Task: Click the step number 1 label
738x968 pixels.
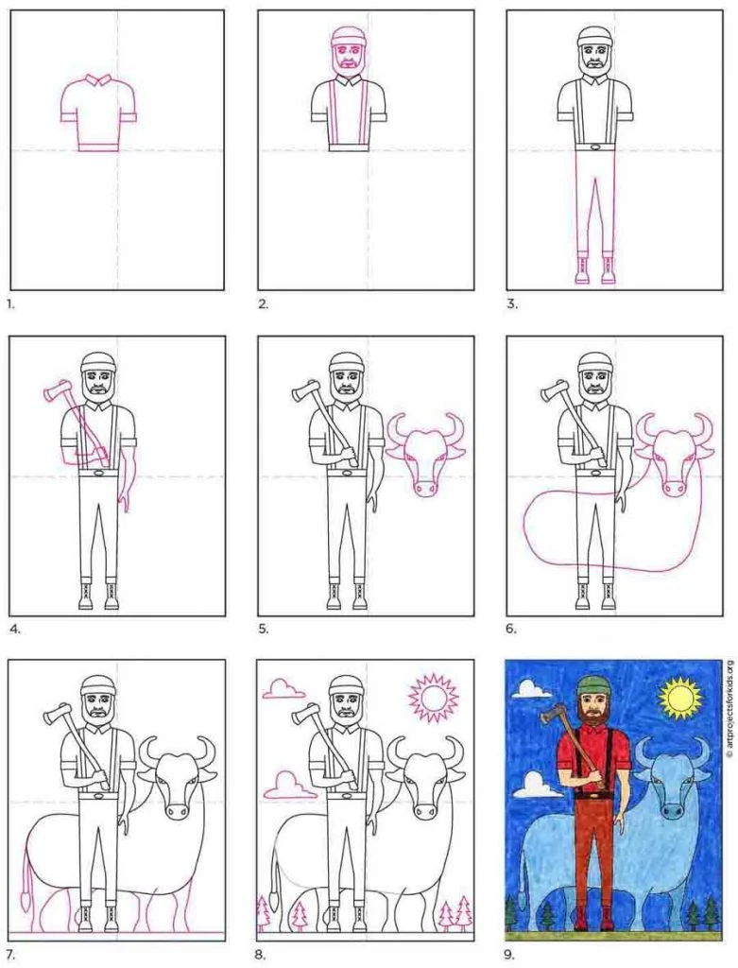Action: click(x=9, y=303)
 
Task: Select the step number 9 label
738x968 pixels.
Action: click(x=509, y=955)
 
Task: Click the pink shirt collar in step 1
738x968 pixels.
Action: click(x=98, y=80)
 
